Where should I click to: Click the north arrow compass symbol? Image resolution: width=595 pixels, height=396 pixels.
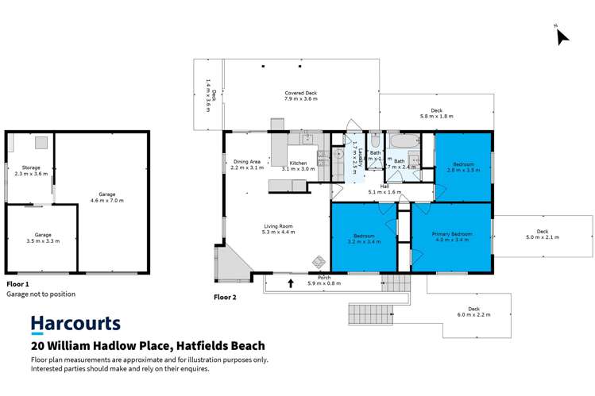point(562,36)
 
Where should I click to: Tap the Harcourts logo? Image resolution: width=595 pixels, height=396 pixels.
point(75,324)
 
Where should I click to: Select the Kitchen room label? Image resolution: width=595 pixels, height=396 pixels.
point(299,165)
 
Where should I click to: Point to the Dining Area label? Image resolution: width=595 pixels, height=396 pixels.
point(246,164)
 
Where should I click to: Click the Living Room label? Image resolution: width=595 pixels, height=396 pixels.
point(279,229)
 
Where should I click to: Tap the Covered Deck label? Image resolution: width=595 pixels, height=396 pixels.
point(301,96)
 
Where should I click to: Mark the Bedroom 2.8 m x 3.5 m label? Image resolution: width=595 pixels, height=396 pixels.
point(463,167)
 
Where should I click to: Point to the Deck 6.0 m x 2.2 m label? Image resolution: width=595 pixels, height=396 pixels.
point(473,312)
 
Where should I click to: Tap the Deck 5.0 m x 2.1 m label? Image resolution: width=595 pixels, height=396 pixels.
point(542,235)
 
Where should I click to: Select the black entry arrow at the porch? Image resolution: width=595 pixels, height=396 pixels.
point(291,283)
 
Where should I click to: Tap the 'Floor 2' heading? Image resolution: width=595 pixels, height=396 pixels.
point(226,298)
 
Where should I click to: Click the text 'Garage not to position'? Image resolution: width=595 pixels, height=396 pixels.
point(41,294)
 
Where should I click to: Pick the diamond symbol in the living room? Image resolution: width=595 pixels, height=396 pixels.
point(319,261)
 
